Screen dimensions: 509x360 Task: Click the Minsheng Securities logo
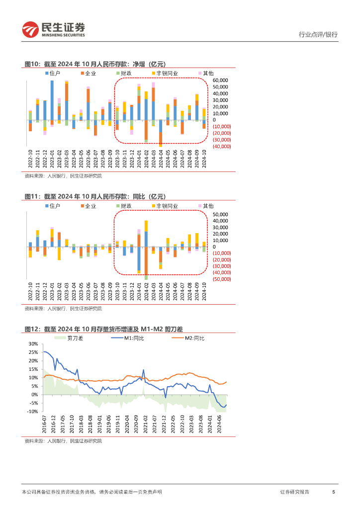53,30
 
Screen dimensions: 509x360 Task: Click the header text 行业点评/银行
318,35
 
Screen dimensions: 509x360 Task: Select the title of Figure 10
94,64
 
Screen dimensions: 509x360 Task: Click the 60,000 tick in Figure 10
220,80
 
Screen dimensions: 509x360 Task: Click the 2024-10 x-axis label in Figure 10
204,160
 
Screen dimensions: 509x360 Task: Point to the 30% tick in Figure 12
33,343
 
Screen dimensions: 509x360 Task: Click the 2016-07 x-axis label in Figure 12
44,426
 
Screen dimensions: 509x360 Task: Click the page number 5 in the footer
333,492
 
